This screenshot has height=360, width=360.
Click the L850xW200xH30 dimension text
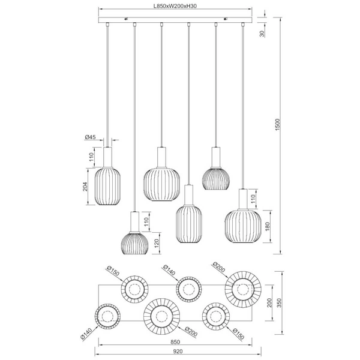(x=175, y=6)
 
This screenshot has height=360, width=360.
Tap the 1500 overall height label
(x=278, y=125)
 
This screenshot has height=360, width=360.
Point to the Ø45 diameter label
(x=90, y=137)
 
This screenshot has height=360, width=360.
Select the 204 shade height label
(x=85, y=187)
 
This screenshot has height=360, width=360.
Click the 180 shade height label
(x=267, y=226)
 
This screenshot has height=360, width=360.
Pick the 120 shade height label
(x=157, y=244)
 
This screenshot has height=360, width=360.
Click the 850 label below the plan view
(x=175, y=342)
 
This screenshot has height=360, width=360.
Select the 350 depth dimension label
(x=279, y=303)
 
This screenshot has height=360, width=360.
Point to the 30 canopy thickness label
(x=262, y=34)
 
